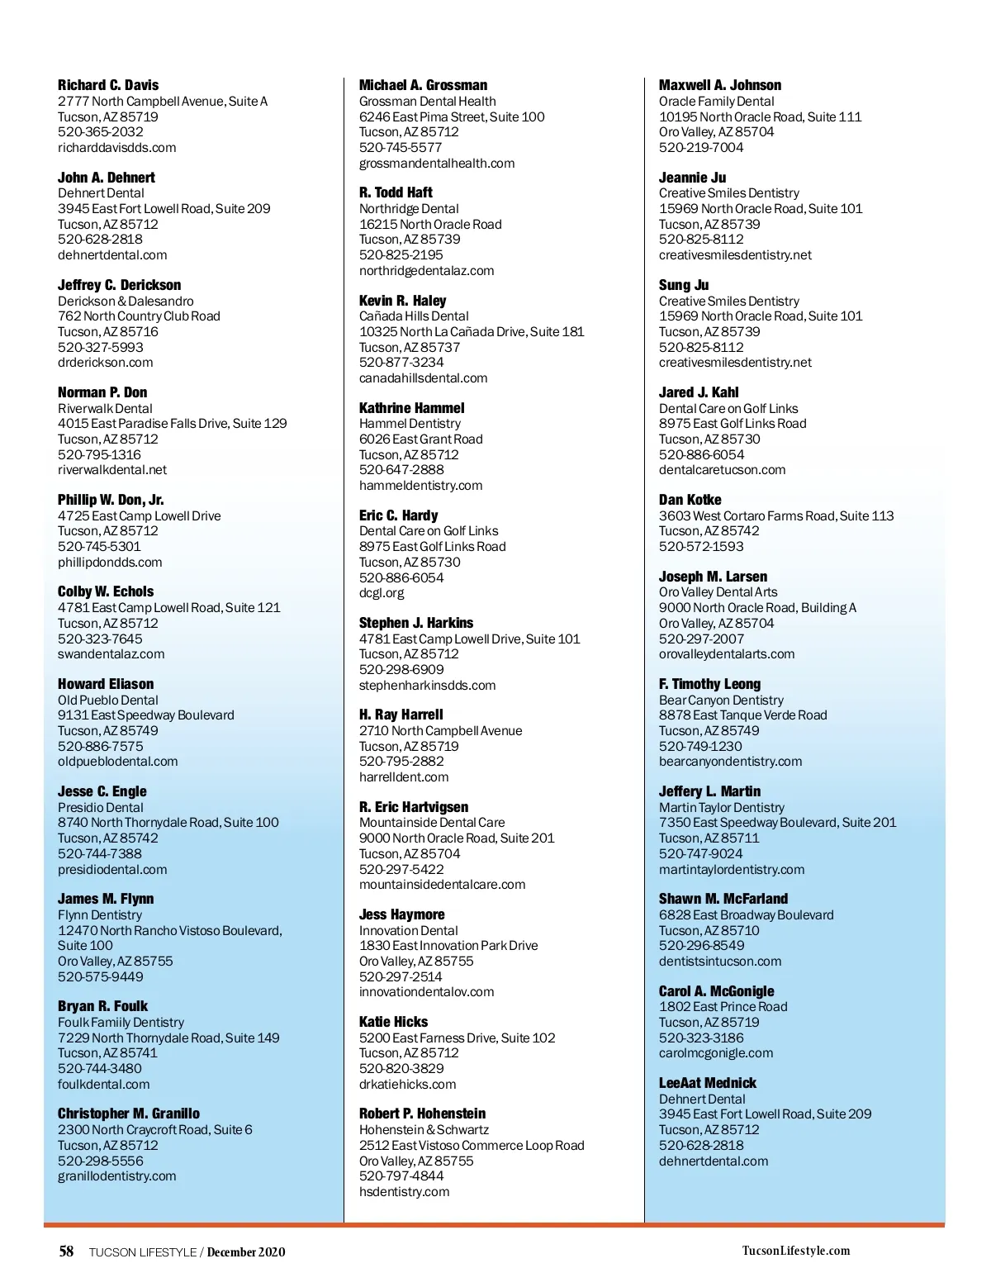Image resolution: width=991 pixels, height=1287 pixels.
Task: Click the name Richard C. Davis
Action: [x=108, y=85]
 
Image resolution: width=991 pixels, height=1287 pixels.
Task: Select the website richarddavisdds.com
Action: [x=116, y=148]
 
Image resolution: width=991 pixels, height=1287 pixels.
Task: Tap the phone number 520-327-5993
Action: [x=100, y=347]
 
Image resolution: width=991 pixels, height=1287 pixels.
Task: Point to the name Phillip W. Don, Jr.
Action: [x=111, y=500]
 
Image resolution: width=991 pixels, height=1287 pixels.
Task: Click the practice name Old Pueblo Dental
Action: [x=107, y=700]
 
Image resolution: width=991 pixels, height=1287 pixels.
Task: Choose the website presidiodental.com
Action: [x=112, y=869]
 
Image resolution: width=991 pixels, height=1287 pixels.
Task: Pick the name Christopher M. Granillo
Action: [x=129, y=1114]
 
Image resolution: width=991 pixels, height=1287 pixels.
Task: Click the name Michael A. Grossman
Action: [x=423, y=85]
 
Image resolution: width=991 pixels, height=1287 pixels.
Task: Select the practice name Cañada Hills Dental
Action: [x=414, y=316]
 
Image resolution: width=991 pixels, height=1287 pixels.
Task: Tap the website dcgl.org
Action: [x=382, y=593]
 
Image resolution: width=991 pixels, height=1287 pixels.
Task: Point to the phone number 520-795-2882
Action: [x=401, y=762]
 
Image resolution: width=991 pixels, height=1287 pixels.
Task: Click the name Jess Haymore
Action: [x=401, y=914]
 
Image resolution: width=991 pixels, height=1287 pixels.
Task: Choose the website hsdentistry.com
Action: [x=404, y=1191]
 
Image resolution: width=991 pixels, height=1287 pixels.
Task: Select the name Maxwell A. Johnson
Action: [x=719, y=85]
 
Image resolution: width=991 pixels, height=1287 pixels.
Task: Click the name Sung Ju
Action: [x=684, y=285]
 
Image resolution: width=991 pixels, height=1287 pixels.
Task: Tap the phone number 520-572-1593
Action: [x=701, y=547]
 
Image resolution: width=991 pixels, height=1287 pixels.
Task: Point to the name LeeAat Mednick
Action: [x=707, y=1083]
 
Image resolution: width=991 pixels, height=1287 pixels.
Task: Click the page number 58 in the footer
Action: [x=67, y=1251]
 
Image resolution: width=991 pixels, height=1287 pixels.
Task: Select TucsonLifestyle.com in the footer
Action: [x=795, y=1251]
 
